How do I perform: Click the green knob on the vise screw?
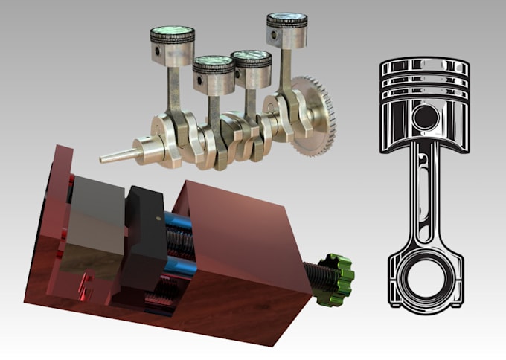pyautogui.click(x=336, y=280)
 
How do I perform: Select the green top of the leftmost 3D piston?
pyautogui.click(x=172, y=33)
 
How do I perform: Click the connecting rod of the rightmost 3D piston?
pyautogui.click(x=284, y=74)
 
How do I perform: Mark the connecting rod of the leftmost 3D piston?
pyautogui.click(x=173, y=89)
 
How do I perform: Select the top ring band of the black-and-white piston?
pyautogui.click(x=425, y=68)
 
